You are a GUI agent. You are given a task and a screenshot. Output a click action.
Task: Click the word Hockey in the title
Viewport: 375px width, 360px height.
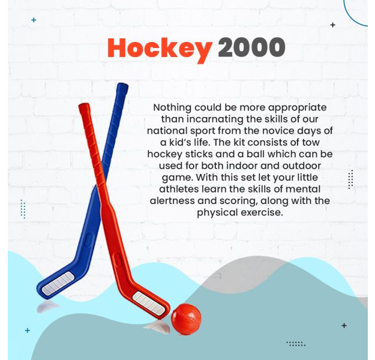coord(160,49)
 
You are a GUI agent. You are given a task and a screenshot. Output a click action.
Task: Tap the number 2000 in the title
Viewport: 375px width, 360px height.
coord(251,47)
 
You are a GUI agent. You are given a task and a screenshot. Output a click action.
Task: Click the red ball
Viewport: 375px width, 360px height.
coord(187,319)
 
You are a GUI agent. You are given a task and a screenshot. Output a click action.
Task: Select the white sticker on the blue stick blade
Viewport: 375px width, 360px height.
coord(58,283)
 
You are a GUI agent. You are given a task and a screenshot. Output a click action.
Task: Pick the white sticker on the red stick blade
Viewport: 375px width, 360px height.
coord(149,303)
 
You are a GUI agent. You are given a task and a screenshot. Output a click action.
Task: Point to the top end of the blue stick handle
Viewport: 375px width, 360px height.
coord(122,85)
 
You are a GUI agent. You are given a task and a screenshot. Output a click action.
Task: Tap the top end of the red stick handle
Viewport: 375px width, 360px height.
coord(84,106)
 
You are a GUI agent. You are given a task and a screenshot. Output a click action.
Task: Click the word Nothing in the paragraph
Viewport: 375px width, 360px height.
coord(172,107)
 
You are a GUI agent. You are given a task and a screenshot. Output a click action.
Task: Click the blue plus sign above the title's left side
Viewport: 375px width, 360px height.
coord(34,20)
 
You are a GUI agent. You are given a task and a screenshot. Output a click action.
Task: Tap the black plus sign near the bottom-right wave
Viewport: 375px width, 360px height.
coord(344,326)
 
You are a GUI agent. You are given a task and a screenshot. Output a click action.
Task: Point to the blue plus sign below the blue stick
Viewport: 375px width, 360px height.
coord(28,331)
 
